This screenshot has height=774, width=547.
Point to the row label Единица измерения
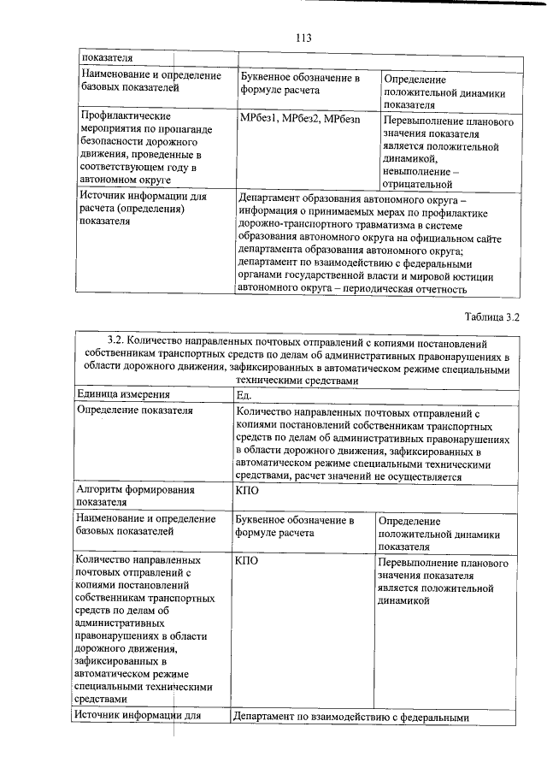pos(123,394)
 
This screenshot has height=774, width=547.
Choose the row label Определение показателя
pos(134,411)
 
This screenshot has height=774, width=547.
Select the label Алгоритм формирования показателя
pos(134,497)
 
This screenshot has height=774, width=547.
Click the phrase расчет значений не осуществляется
pos(389,477)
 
